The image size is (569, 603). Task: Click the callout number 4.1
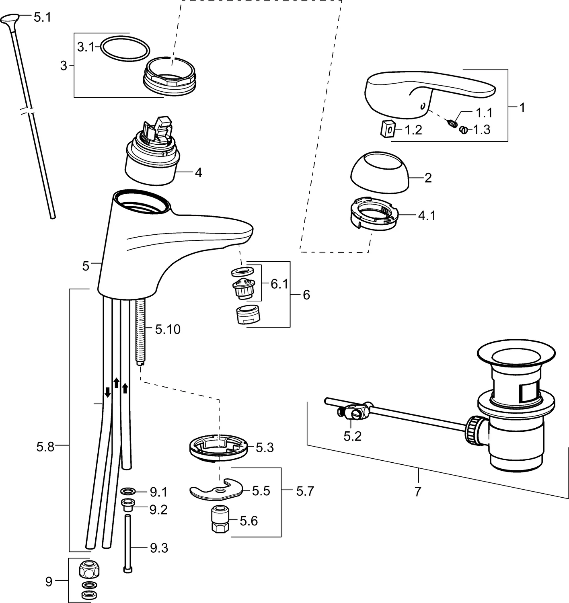(427, 216)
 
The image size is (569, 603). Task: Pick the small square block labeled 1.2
(387, 129)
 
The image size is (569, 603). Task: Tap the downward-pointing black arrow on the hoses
(108, 392)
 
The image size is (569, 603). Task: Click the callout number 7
(417, 491)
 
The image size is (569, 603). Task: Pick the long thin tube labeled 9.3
(127, 543)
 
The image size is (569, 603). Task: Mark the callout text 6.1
(279, 284)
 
